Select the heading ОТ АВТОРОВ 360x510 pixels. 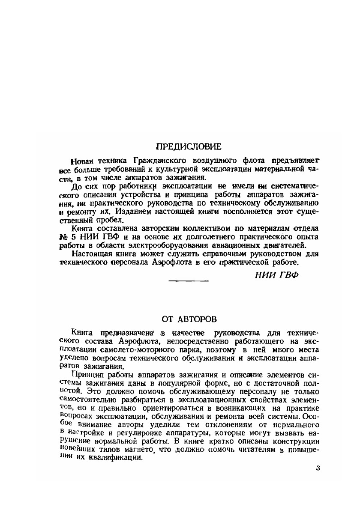click(189, 319)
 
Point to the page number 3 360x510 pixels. click(318, 468)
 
